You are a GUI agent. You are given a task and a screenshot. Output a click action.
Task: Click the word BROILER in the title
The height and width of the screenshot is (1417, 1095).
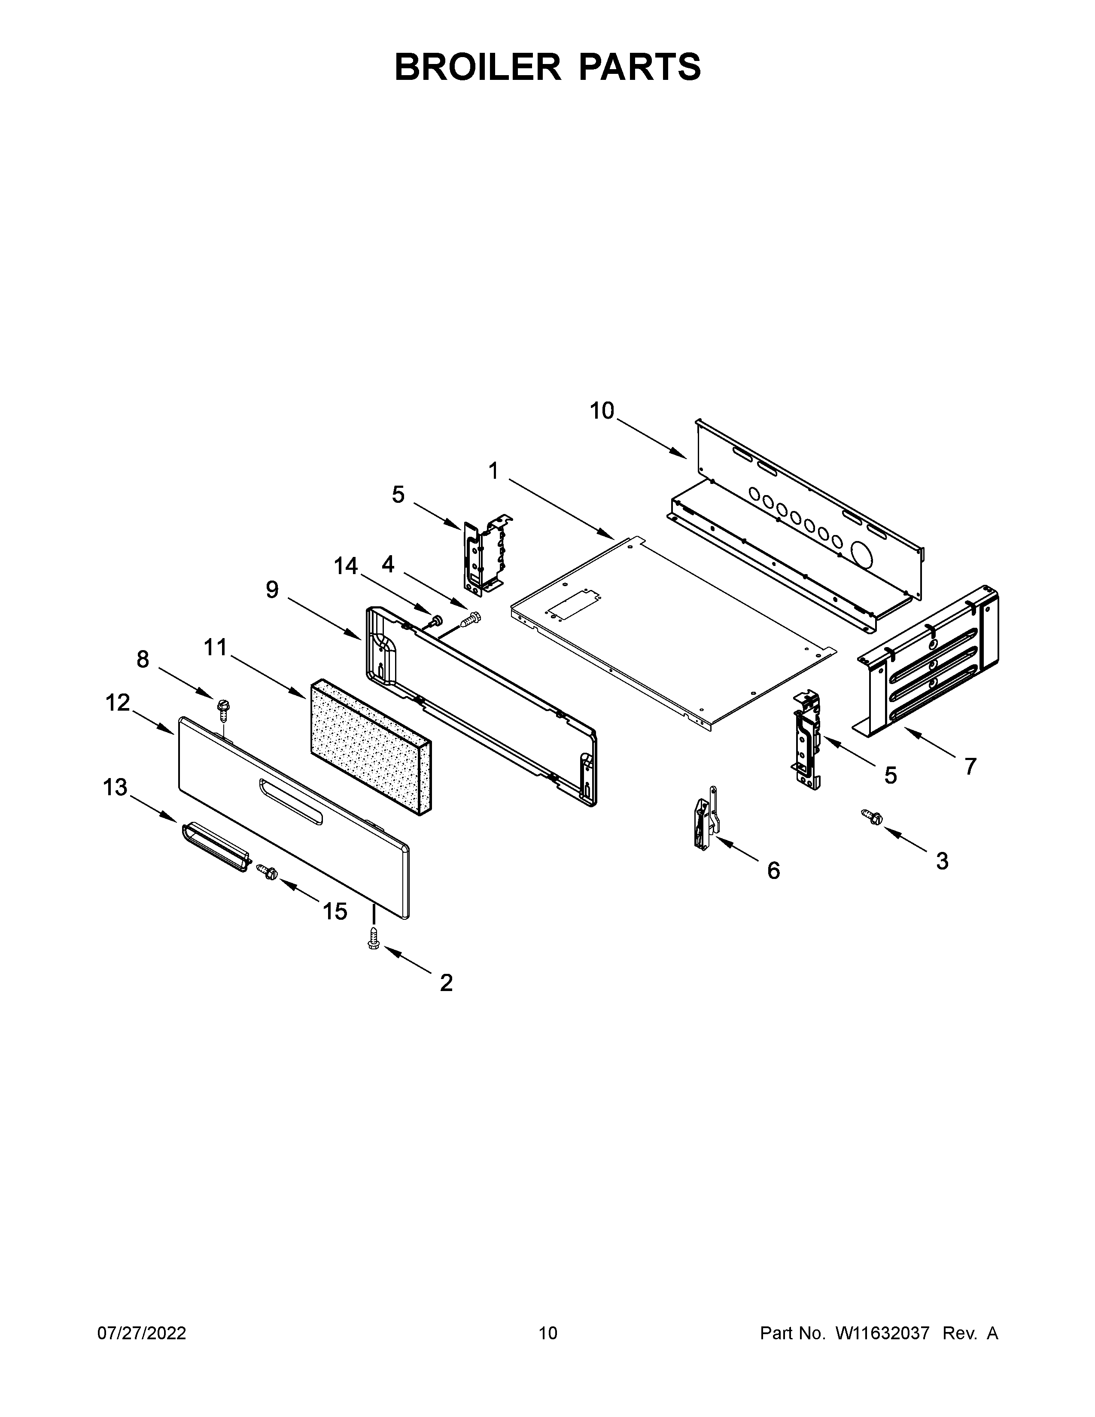click(x=478, y=67)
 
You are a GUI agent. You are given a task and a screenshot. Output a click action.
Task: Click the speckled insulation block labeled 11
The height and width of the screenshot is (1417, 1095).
click(x=370, y=746)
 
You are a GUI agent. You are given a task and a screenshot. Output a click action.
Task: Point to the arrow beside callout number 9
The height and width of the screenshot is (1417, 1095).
click(x=324, y=619)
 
